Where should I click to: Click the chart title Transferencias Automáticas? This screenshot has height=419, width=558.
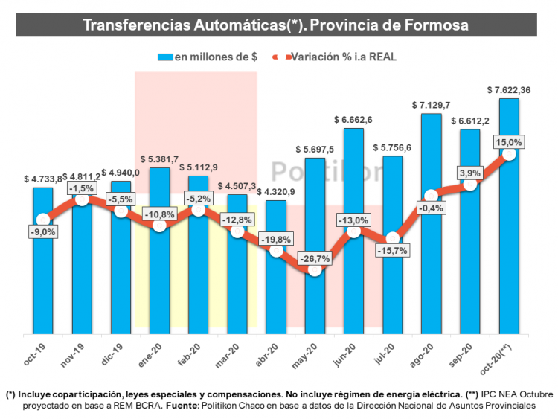(x=275, y=25)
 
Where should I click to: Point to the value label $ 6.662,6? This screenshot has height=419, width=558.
(x=353, y=120)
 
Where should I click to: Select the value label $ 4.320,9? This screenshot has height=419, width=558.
(x=276, y=192)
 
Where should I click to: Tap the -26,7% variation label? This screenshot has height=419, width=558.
(x=315, y=258)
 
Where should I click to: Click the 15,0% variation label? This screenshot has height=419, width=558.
(x=509, y=142)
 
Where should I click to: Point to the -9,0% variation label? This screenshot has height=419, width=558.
(x=43, y=232)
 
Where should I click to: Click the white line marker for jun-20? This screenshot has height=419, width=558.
(x=353, y=231)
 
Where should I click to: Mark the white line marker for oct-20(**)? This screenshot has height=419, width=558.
(x=509, y=154)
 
